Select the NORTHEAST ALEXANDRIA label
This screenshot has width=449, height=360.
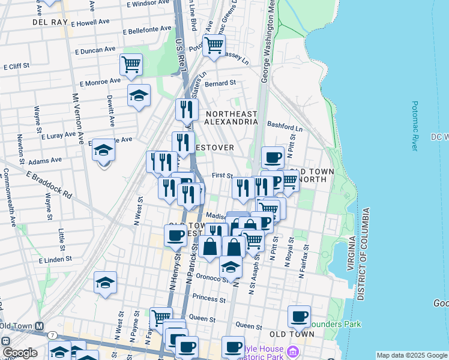pos(231,118)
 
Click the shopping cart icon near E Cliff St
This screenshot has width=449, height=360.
pos(131,64)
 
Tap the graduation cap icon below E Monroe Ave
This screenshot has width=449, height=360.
pos(139,95)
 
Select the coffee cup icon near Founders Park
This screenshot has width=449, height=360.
pos(298,316)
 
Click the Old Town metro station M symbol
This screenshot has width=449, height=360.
pos(40,326)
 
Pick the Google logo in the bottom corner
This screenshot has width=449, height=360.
pos(19,352)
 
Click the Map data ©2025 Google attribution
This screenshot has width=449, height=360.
pos(412,355)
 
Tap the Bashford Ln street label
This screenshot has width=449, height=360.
pos(285,127)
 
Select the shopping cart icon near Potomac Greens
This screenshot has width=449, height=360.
pos(214,44)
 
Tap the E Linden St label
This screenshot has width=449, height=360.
pos(55,260)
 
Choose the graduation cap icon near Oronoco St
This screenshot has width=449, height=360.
pos(231,267)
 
